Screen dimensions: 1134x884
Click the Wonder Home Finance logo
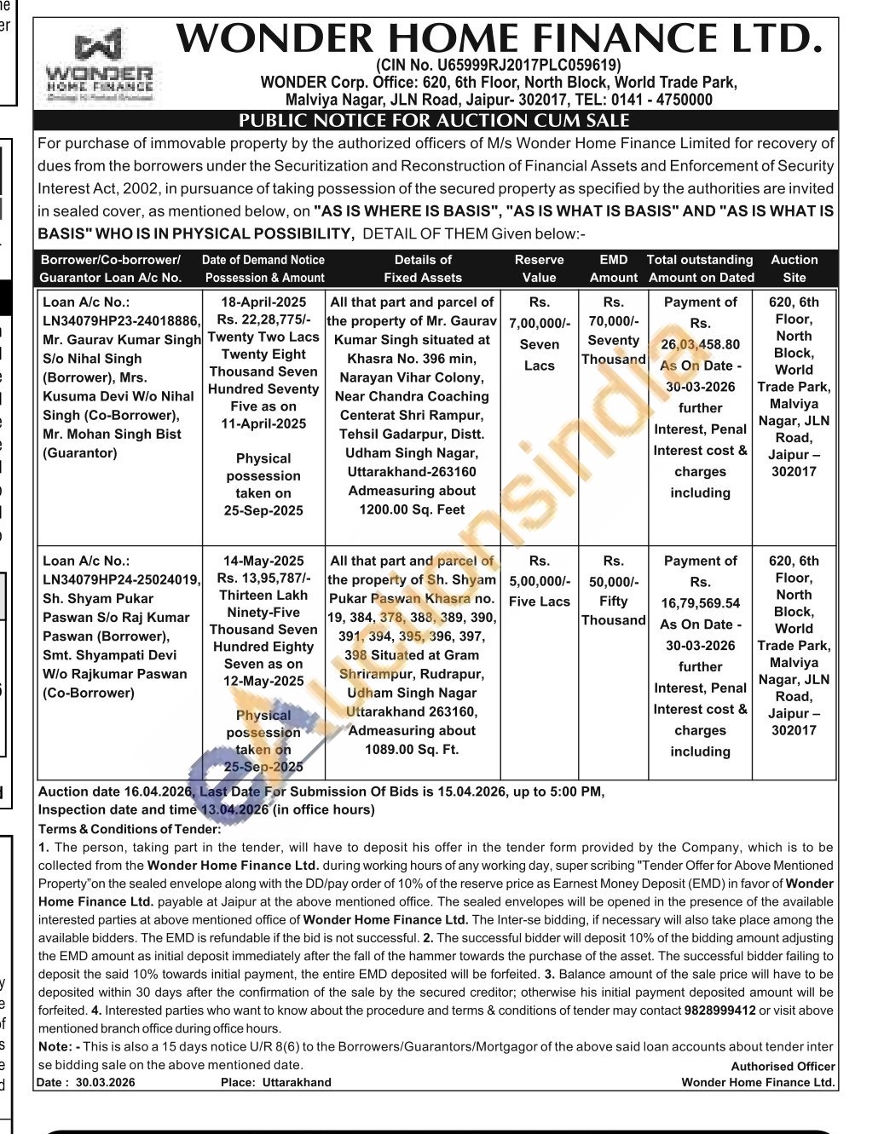99,67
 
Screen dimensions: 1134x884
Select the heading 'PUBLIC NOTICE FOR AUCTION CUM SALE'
434,121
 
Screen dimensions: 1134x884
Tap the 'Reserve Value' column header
539,268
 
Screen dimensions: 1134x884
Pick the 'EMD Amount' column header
613,268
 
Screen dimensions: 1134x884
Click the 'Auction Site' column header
794,268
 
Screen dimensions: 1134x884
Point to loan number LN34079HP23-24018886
122,321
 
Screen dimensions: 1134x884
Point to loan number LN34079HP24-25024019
122,580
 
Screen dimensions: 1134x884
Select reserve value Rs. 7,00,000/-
539,323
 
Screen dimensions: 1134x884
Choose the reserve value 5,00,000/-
539,582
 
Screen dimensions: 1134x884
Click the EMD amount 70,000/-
613,321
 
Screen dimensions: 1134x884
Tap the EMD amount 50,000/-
613,582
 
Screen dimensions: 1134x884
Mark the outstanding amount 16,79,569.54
700,603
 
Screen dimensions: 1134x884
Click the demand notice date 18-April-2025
263,302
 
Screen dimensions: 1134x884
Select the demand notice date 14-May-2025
263,561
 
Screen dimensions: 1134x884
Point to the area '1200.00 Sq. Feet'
412,509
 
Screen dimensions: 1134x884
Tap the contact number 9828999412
719,1010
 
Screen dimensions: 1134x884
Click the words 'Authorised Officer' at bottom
783,1066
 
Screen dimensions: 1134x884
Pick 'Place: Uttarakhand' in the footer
275,1083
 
